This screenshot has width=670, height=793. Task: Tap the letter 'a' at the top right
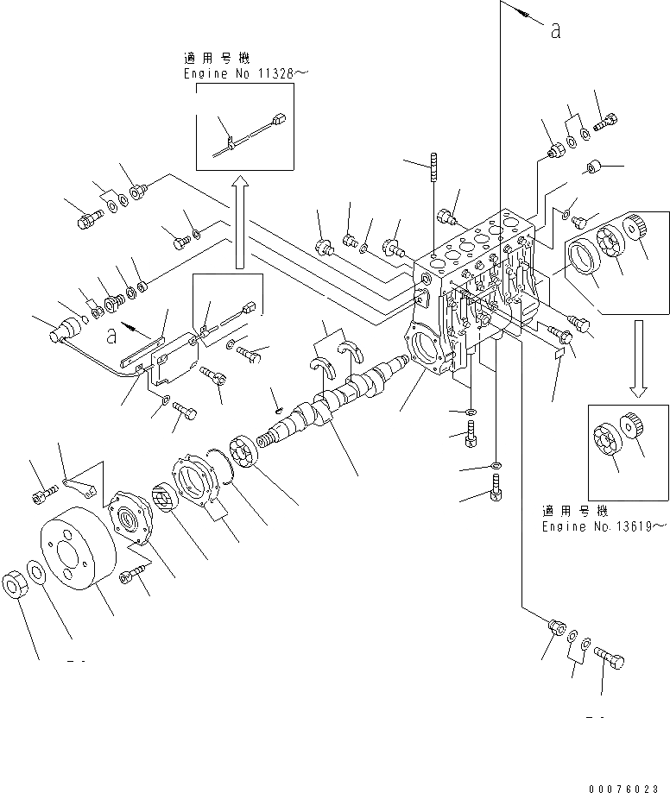pos(555,30)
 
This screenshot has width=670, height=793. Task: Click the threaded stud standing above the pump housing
pos(431,176)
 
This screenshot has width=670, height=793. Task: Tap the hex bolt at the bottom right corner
pos(609,663)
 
